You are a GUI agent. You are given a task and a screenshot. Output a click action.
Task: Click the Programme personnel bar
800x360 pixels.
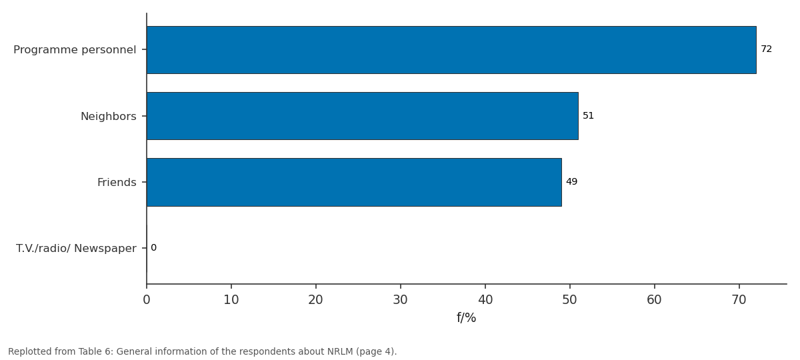[x=451, y=50]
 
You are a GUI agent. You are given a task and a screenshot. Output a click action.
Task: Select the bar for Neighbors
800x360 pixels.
[x=363, y=116]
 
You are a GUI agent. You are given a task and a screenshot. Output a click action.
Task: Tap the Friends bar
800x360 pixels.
[x=354, y=182]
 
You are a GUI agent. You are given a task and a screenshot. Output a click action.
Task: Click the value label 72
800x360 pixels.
[x=767, y=49]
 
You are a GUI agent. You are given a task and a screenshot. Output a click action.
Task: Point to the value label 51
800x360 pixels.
[x=588, y=116]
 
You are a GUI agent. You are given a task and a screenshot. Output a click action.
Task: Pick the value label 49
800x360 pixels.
[x=572, y=182]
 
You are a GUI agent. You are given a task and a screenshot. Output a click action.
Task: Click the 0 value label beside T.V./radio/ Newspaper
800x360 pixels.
[x=153, y=248]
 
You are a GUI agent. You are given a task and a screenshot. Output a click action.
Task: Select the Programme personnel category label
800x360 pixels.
[x=75, y=49]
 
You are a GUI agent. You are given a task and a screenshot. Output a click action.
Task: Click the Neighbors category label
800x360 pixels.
[x=109, y=117]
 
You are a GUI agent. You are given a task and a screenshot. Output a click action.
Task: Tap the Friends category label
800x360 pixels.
[x=117, y=183]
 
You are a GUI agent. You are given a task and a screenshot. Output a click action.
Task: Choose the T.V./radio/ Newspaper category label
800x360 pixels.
[x=76, y=248]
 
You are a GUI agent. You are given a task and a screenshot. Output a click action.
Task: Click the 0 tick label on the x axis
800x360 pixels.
[x=147, y=300]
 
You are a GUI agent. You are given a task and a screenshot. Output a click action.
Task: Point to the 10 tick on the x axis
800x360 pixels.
[x=231, y=300]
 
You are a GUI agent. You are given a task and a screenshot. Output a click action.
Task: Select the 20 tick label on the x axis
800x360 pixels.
[x=316, y=300]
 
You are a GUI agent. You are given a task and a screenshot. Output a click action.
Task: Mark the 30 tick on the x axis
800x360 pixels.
[x=401, y=300]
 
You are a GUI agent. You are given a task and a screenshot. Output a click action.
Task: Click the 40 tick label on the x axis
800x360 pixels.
[x=485, y=300]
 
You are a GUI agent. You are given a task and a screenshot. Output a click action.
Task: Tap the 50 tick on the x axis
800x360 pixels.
[x=569, y=300]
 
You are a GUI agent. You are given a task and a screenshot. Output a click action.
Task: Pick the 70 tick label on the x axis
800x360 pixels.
[x=739, y=300]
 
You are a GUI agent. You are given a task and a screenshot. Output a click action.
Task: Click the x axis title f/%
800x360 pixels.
[x=467, y=318]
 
